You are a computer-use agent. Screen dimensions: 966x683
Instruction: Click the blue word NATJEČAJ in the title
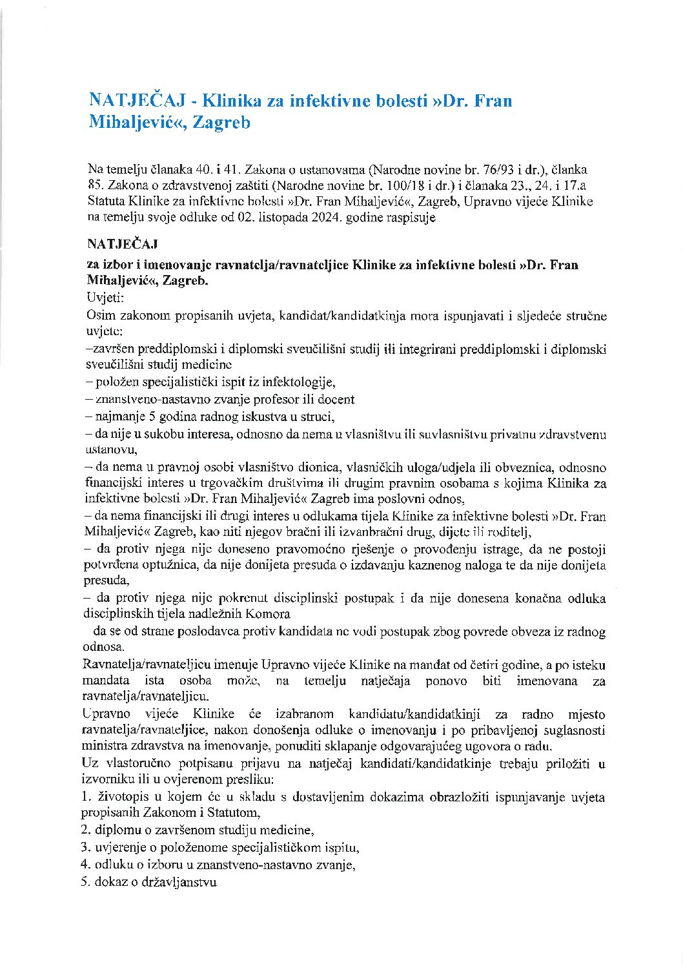[x=138, y=101]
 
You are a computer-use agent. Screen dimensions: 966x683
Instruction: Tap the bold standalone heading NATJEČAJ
[x=122, y=244]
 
